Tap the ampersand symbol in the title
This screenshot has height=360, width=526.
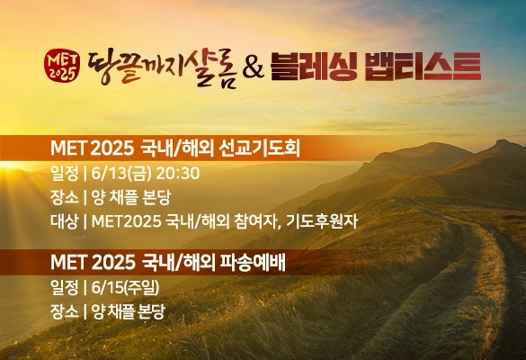click(x=253, y=67)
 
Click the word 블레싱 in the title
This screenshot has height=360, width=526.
click(x=314, y=67)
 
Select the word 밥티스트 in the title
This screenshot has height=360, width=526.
click(x=423, y=67)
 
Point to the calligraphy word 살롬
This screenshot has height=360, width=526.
click(x=212, y=70)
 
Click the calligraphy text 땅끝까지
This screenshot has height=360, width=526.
click(x=137, y=67)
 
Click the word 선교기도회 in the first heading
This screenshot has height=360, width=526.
click(x=259, y=148)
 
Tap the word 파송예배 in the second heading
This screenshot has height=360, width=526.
click(x=253, y=263)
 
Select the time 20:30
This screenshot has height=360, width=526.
click(x=178, y=174)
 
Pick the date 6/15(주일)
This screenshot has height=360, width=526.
click(x=125, y=288)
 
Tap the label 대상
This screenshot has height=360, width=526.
click(x=64, y=221)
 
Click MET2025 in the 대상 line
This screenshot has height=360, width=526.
click(x=127, y=221)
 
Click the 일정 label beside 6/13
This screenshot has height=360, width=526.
click(x=64, y=174)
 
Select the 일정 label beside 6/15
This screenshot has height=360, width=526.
click(x=64, y=288)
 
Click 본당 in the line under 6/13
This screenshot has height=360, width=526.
click(x=156, y=197)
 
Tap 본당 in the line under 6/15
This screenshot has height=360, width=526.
click(x=151, y=311)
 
